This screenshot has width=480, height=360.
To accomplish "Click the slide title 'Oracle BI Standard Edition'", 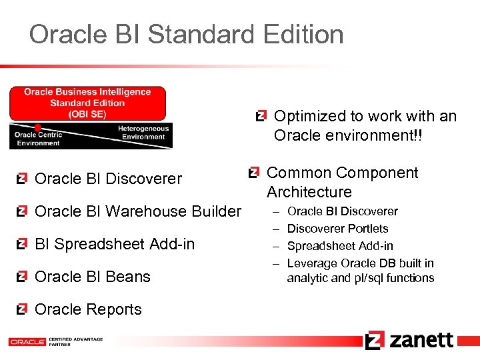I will pyautogui.click(x=186, y=35).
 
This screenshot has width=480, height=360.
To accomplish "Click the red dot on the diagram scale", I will pyautogui.click(x=39, y=127).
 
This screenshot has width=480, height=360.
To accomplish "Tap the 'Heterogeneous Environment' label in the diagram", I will pyautogui.click(x=143, y=133).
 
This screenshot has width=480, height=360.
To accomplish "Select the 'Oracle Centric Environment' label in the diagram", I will pyautogui.click(x=38, y=139).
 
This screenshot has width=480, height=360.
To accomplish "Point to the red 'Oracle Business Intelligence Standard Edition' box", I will pyautogui.click(x=87, y=103).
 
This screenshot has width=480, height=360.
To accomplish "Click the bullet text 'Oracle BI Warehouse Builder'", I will pyautogui.click(x=137, y=211).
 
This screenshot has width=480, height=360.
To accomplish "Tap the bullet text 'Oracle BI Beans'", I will pyautogui.click(x=92, y=277).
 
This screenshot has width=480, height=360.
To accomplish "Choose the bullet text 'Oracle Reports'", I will pyautogui.click(x=87, y=309).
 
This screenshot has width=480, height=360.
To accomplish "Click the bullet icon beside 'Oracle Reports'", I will pyautogui.click(x=22, y=309).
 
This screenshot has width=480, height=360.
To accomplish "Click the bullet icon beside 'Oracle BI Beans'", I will pyautogui.click(x=22, y=277).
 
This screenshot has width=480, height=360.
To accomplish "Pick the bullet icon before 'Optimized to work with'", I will pyautogui.click(x=262, y=116).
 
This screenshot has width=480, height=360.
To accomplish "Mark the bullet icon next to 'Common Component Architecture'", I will pyautogui.click(x=253, y=173).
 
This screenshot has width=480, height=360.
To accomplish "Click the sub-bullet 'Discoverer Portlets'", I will pyautogui.click(x=337, y=229).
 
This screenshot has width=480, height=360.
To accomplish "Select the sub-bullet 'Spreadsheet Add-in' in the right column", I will pyautogui.click(x=339, y=246).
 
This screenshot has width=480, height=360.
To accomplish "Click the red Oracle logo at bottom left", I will pyautogui.click(x=27, y=342).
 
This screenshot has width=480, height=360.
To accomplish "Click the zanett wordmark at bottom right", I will pyautogui.click(x=421, y=340).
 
